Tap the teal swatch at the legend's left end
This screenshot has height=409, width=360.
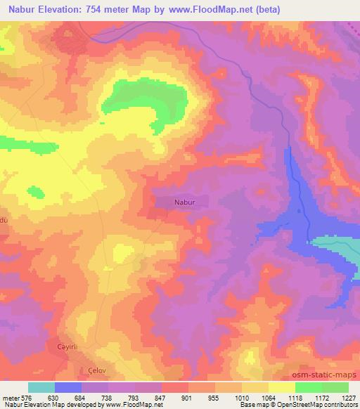pyautogui.click(x=41, y=387)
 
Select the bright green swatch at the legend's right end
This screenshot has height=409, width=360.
pyautogui.click(x=335, y=387)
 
